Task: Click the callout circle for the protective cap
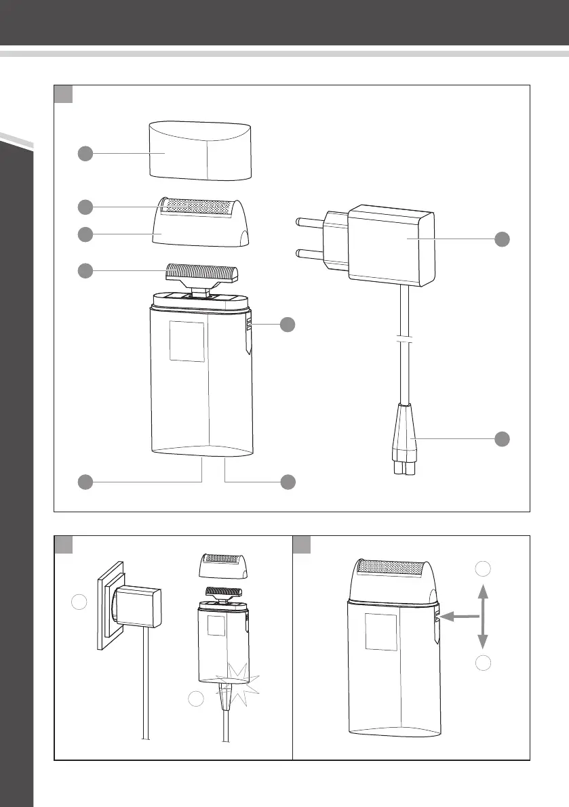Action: tap(85, 154)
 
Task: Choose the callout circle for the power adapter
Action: tap(502, 239)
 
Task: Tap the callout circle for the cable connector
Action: tap(502, 438)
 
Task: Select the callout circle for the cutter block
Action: tap(85, 270)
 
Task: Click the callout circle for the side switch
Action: tap(288, 324)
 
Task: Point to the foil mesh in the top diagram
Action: tap(200, 206)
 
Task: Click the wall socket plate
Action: tap(108, 603)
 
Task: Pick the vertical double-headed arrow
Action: tap(482, 617)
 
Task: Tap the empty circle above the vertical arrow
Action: tap(482, 568)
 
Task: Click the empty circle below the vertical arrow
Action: tap(482, 663)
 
